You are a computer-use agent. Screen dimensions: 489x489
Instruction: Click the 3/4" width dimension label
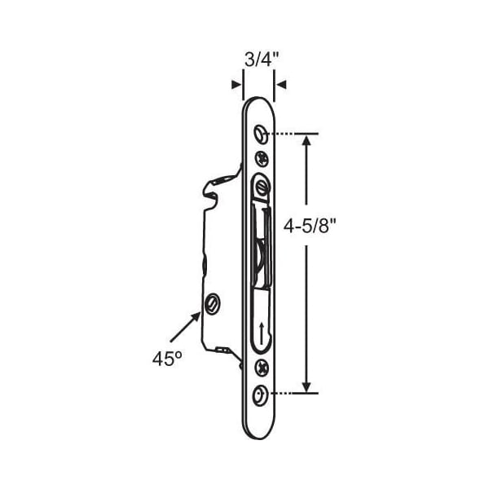pyautogui.click(x=262, y=59)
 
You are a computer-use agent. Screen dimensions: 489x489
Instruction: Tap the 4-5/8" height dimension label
pyautogui.click(x=311, y=225)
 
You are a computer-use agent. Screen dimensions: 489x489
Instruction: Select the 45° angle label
pyautogui.click(x=167, y=359)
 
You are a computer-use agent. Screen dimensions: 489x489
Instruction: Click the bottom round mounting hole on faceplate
pyautogui.click(x=261, y=395)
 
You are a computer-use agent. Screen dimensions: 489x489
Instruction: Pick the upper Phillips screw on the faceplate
pyautogui.click(x=262, y=159)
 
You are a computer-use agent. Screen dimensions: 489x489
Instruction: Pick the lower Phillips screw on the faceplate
pyautogui.click(x=262, y=368)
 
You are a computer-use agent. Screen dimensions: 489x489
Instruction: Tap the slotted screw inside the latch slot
pyautogui.click(x=262, y=188)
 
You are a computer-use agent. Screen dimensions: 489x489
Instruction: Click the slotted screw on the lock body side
pyautogui.click(x=212, y=303)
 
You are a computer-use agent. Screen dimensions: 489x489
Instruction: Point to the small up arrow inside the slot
pyautogui.click(x=262, y=333)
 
